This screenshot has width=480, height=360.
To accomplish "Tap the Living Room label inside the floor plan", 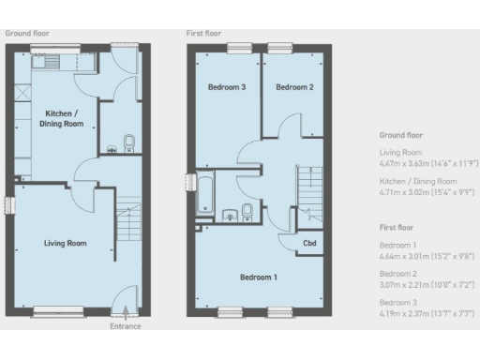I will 66,243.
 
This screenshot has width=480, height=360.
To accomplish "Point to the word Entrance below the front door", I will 125,325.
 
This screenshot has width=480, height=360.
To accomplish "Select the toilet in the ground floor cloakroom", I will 129,142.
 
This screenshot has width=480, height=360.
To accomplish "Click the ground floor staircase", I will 127,221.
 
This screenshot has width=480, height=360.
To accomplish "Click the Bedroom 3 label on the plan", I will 226,87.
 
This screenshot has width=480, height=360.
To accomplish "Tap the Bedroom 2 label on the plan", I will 293,87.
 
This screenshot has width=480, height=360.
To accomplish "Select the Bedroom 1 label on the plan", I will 258,277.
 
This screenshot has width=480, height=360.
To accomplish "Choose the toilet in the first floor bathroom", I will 246,210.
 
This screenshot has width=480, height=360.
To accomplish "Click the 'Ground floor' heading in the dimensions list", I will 401,135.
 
